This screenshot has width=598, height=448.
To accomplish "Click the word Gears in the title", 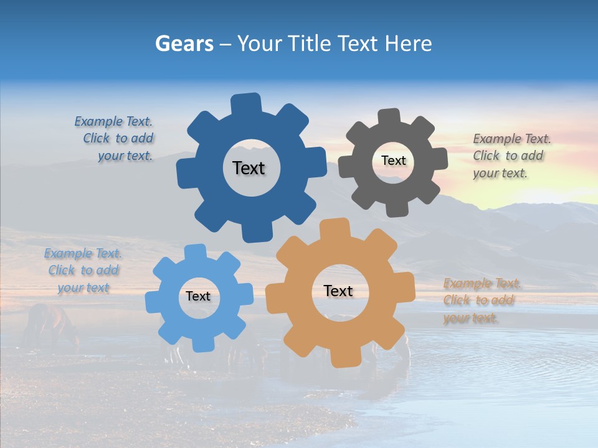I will point(184,44).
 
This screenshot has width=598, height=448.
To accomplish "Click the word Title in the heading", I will point(310,44).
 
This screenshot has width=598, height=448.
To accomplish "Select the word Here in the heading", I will point(408,44).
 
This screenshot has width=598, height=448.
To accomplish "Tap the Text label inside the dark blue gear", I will point(249,168).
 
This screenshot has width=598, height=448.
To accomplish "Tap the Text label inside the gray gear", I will point(393,161).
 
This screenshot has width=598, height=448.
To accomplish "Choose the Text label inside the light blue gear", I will point(198,297).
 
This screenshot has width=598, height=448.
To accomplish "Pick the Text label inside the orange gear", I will point(338,291).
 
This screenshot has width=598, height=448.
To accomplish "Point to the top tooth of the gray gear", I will point(389,118).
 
